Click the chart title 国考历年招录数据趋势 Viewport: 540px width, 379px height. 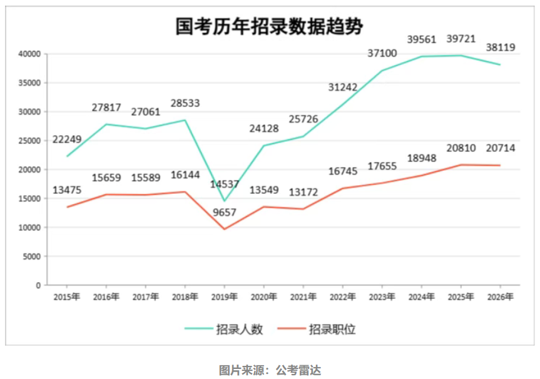click(x=269, y=26)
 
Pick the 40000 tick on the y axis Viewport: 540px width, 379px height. click(x=29, y=54)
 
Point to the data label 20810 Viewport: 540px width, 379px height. click(x=461, y=149)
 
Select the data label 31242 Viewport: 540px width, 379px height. click(x=343, y=88)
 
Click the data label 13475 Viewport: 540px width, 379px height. click(x=65, y=189)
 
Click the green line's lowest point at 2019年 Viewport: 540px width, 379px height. click(x=225, y=201)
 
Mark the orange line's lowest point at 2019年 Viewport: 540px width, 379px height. click(x=225, y=229)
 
